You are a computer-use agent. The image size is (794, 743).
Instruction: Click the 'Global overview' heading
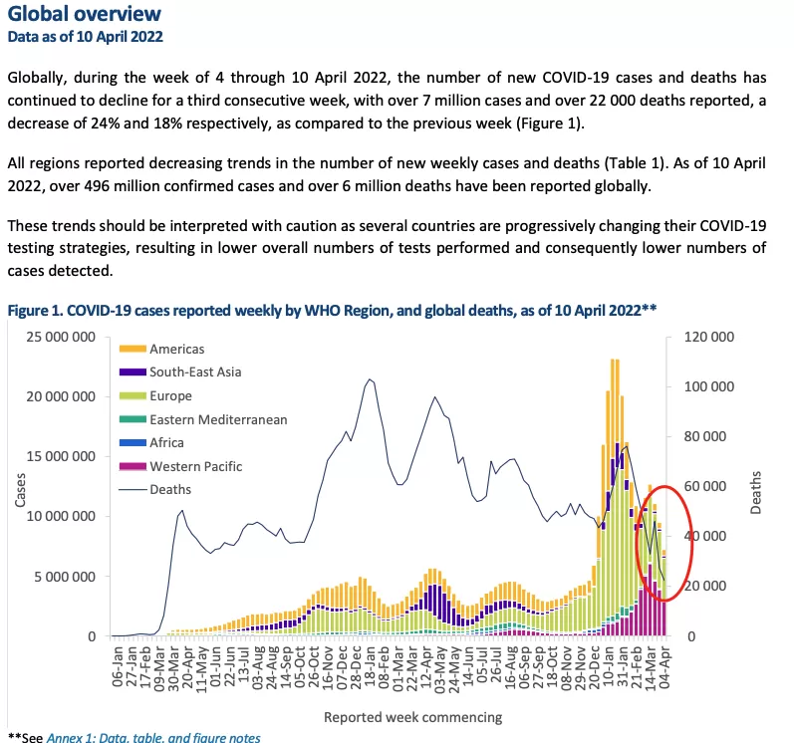pos(84,13)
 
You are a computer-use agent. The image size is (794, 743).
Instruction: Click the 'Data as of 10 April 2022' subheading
pos(85,37)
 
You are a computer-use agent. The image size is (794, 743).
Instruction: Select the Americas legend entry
pos(161,349)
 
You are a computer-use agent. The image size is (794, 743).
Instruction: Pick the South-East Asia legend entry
pos(180,372)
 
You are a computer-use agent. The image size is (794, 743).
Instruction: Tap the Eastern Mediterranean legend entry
pos(203,419)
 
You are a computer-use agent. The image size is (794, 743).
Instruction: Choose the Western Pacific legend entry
pos(180,466)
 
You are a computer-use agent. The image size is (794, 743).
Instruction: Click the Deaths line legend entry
pos(155,489)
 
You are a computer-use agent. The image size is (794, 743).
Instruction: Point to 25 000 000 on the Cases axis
pos(61,337)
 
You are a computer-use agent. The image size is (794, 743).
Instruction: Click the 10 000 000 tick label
pos(61,516)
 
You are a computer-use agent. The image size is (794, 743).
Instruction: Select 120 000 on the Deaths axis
pos(709,337)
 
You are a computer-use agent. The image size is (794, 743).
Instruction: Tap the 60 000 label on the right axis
pos(705,486)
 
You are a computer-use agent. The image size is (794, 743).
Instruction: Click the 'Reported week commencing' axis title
pos(412,717)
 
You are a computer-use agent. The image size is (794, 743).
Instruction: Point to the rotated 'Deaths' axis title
pos(755,492)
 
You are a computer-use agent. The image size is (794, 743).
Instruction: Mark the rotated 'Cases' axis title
pos(20,490)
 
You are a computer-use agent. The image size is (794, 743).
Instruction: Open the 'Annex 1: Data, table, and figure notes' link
pos(153,737)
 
